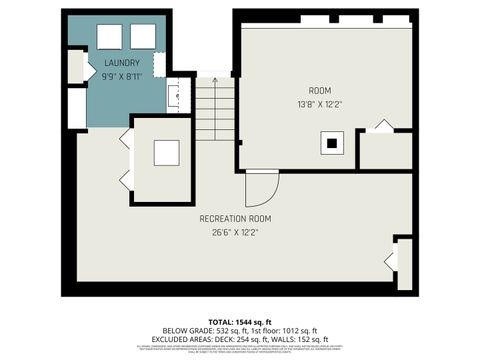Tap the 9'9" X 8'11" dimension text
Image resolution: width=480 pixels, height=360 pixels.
pos(123,76)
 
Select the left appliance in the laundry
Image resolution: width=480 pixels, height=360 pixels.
pos(108,36)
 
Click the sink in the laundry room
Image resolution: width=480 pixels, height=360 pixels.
pos(173,97)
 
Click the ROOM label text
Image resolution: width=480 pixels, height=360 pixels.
pos(319,90)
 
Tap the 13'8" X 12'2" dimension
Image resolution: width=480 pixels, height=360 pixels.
pos(319,104)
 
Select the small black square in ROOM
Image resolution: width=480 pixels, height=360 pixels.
pos(329,144)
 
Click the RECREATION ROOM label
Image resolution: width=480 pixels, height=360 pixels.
pos(235,218)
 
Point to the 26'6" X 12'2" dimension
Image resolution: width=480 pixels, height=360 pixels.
pos(235,232)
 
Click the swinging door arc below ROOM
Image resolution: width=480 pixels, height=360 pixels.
pos(262,189)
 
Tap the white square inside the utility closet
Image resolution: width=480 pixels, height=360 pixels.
pos(165,153)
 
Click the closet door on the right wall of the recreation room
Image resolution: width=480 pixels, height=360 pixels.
pos(391,262)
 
